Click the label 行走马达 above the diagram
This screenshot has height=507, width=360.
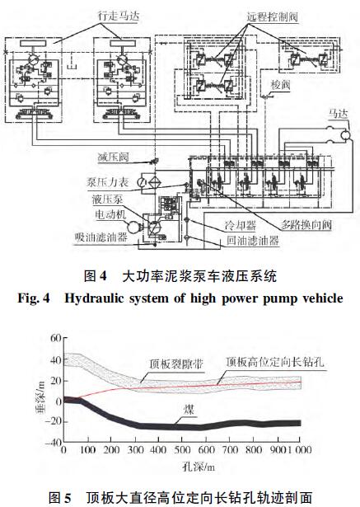point(119,15)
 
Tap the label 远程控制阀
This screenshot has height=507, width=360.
point(272,16)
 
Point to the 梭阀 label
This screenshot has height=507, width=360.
point(280,85)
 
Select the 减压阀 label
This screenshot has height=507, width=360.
point(113,157)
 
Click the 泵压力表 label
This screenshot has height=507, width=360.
point(108,182)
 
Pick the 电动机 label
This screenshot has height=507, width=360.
point(110,214)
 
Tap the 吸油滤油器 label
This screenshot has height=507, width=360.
point(101,237)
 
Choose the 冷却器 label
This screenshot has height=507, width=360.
point(241,225)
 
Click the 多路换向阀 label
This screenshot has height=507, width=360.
point(306,224)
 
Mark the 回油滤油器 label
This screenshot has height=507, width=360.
point(252,241)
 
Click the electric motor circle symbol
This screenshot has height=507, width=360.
point(133,227)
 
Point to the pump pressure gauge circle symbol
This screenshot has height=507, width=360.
point(142,182)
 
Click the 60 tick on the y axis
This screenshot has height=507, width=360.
point(56,339)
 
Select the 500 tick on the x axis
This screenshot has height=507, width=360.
point(181,450)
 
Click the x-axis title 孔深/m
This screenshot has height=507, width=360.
point(199,467)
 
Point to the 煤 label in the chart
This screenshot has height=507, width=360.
point(189,410)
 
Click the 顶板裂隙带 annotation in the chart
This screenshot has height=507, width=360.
point(176,364)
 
